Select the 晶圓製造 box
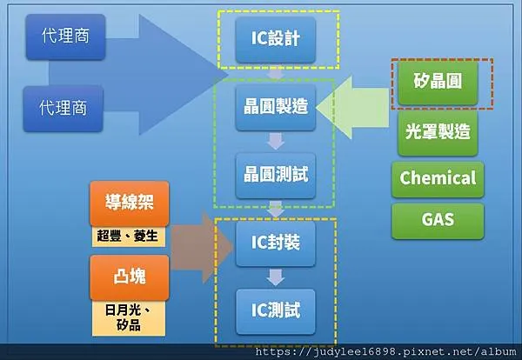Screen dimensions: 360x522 click(276, 107)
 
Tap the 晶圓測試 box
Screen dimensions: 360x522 click(276, 174)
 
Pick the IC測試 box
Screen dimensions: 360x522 click(276, 308)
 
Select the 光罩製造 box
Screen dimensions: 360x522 click(438, 132)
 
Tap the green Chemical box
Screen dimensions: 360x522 click(438, 177)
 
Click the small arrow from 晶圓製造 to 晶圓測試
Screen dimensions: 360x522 click(276, 141)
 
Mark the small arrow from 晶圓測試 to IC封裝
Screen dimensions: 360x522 click(276, 209)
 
